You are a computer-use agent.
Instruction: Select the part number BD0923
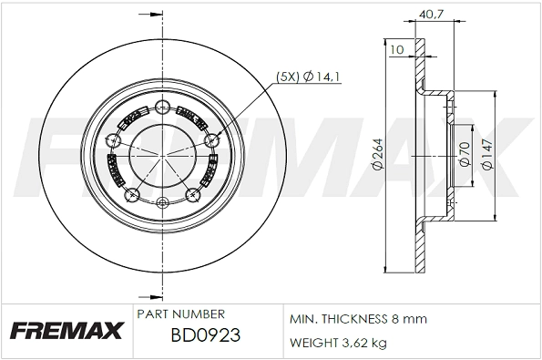click(x=205, y=334)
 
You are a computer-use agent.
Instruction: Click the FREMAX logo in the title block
click(x=66, y=330)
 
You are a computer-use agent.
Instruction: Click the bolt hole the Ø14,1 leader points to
click(x=213, y=140)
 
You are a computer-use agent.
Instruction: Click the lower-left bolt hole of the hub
click(x=132, y=194)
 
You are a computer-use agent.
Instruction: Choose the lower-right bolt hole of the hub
click(x=192, y=194)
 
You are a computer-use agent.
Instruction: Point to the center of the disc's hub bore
click(x=162, y=153)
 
